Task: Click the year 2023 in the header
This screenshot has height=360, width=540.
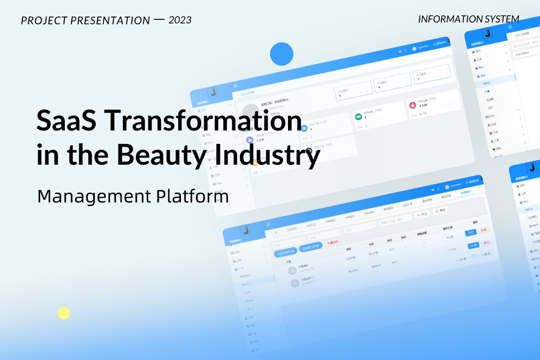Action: [180, 20]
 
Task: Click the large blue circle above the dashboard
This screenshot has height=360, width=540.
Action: [282, 54]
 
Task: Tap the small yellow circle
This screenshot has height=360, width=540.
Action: [64, 313]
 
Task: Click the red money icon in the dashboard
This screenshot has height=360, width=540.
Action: [412, 105]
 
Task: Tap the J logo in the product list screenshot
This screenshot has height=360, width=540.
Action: [246, 230]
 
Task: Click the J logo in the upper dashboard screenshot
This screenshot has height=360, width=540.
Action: [213, 92]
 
